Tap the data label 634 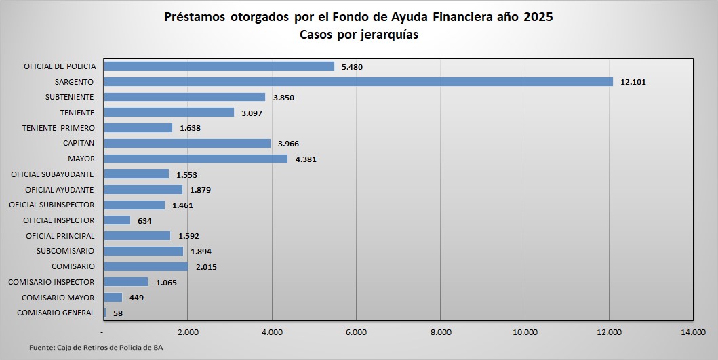pyautogui.click(x=144, y=221)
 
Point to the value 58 pyautogui.click(x=117, y=313)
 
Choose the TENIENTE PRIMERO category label pyautogui.click(x=58, y=128)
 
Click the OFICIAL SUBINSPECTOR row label pyautogui.click(x=52, y=205)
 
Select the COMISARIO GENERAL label pyautogui.click(x=56, y=313)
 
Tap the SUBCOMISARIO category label pyautogui.click(x=65, y=251)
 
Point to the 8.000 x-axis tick pyautogui.click(x=441, y=332)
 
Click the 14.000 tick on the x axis pyautogui.click(x=693, y=332)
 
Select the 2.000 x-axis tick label pyautogui.click(x=188, y=332)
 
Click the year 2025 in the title pyautogui.click(x=538, y=17)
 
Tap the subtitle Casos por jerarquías pyautogui.click(x=359, y=35)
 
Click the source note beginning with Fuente pyautogui.click(x=96, y=347)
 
